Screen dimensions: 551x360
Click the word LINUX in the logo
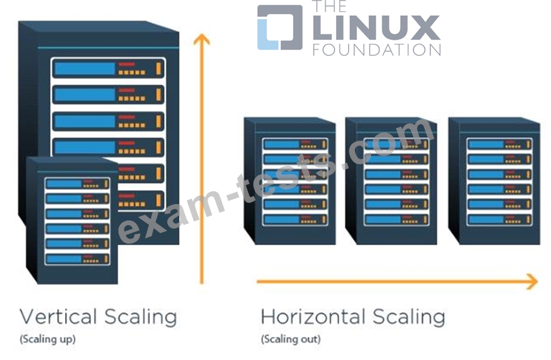376,28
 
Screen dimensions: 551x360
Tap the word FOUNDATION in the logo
377,50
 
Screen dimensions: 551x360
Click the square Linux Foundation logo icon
280,28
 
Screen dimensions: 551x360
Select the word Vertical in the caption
59,317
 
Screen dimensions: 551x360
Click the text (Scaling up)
48,339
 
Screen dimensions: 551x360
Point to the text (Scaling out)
291,339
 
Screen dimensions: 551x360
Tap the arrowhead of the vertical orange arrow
202,39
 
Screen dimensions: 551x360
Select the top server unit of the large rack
108,69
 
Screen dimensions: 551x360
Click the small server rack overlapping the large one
72,220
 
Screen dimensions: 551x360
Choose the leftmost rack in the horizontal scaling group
290,181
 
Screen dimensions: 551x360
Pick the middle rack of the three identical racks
391,181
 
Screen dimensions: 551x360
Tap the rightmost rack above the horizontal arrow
494,181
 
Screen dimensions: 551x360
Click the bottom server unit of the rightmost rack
499,219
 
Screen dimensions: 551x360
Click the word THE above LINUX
329,6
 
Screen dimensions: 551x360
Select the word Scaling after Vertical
141,317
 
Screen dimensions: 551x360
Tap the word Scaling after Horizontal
409,317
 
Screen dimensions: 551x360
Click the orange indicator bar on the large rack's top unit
158,69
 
